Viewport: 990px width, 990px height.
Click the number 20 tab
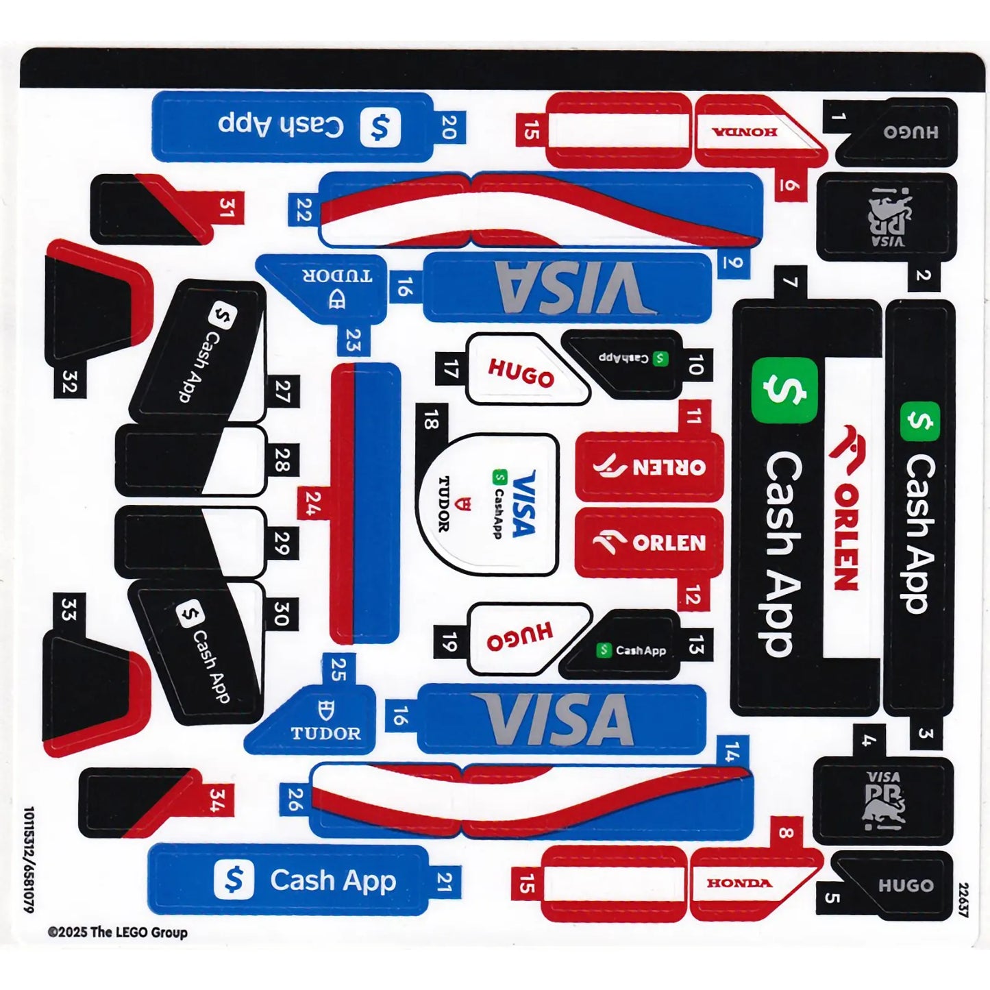pyautogui.click(x=449, y=127)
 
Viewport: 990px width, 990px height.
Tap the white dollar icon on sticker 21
pyautogui.click(x=234, y=879)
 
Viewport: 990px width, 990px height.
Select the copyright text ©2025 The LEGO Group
pyautogui.click(x=117, y=932)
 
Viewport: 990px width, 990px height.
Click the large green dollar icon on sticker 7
pyautogui.click(x=784, y=390)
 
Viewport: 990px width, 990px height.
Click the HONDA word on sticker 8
pyautogui.click(x=739, y=883)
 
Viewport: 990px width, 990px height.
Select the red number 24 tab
pyautogui.click(x=313, y=504)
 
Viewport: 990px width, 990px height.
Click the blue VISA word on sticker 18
pyautogui.click(x=524, y=504)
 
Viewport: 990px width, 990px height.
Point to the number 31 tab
pyautogui.click(x=227, y=208)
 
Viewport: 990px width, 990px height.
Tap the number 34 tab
pyautogui.click(x=217, y=800)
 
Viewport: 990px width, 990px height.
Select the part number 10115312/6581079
pyautogui.click(x=29, y=859)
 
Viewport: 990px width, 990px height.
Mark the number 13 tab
pyautogui.click(x=695, y=645)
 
